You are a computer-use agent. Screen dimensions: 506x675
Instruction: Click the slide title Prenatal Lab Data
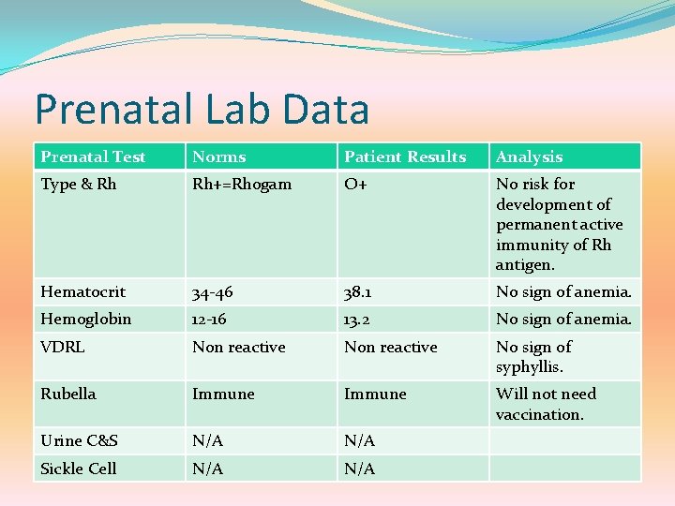pos(202,109)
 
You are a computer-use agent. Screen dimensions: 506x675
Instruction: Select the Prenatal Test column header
pos(94,156)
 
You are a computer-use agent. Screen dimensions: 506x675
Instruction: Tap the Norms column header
pos(218,156)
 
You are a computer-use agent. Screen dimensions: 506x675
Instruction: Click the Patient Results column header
pos(405,156)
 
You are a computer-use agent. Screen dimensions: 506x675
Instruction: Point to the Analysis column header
pos(529,156)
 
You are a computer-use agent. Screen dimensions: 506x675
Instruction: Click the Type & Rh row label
pos(79,185)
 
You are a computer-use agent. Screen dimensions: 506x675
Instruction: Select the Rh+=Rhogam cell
pos(242,185)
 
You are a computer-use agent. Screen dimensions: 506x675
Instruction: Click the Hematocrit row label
pos(82,292)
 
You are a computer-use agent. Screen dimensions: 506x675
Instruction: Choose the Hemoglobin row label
pos(85,320)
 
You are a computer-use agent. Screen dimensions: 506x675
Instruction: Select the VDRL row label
pos(63,347)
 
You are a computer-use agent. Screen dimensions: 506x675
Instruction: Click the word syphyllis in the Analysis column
pos(530,367)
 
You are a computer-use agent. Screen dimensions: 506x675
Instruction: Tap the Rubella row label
pos(68,394)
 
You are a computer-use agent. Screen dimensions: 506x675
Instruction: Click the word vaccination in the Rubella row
pos(539,414)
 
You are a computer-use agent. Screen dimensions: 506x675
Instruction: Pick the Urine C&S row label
pos(79,440)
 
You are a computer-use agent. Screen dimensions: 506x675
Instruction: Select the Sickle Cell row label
pos(79,469)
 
